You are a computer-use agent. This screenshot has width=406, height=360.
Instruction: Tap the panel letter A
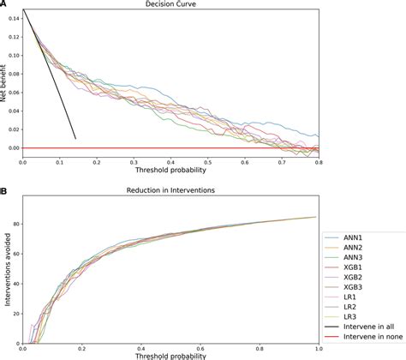pos(4,4)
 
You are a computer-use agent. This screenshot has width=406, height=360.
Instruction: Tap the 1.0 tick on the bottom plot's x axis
pos(318,349)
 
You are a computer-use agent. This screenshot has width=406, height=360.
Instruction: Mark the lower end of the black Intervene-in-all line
pos(75,139)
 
